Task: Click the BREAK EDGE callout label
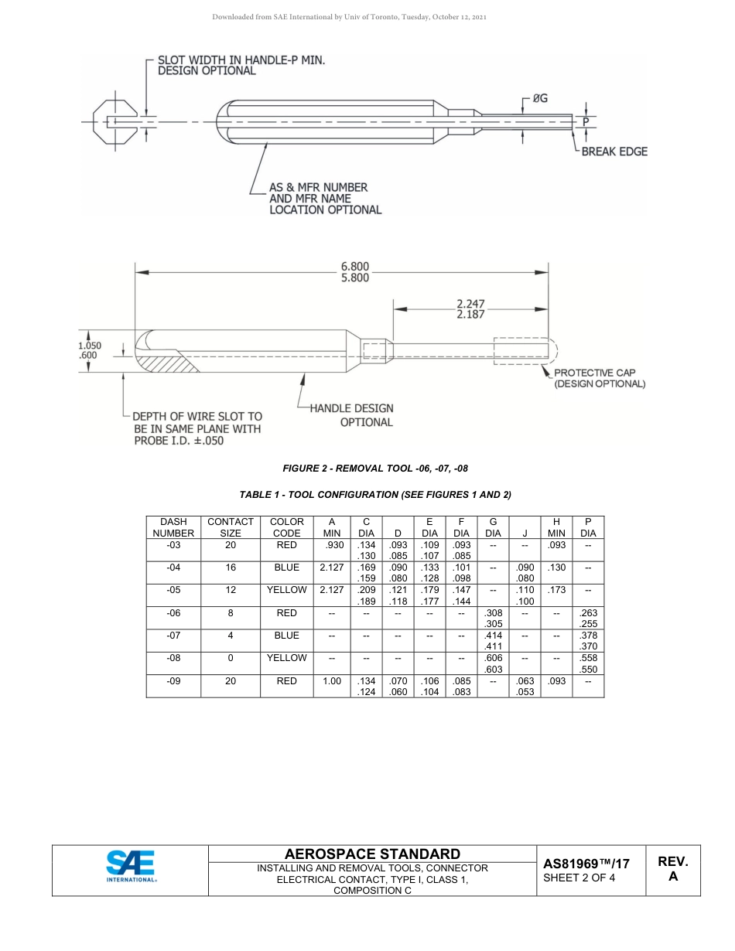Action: coord(614,152)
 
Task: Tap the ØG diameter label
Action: coord(540,99)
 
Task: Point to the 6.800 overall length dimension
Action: coord(355,267)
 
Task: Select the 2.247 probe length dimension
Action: coord(470,304)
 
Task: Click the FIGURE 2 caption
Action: coord(375,469)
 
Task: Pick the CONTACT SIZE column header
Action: coord(231,527)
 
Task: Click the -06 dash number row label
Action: coord(173,613)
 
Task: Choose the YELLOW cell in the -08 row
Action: coord(286,658)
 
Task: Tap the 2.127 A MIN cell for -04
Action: coord(331,568)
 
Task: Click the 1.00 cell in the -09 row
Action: coord(331,681)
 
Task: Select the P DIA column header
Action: coord(588,527)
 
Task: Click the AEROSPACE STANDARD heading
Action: coord(372,854)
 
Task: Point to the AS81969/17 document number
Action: coord(586,864)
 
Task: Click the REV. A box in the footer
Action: coord(672,870)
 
